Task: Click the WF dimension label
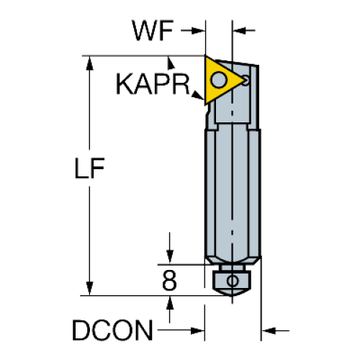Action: click(153, 30)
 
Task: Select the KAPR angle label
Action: click(153, 84)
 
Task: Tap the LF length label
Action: click(89, 168)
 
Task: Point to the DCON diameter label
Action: click(112, 330)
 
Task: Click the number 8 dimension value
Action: click(169, 280)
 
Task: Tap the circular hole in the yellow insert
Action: click(218, 80)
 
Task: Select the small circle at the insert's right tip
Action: click(246, 80)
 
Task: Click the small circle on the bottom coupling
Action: click(233, 281)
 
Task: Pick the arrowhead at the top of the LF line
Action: click(89, 63)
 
